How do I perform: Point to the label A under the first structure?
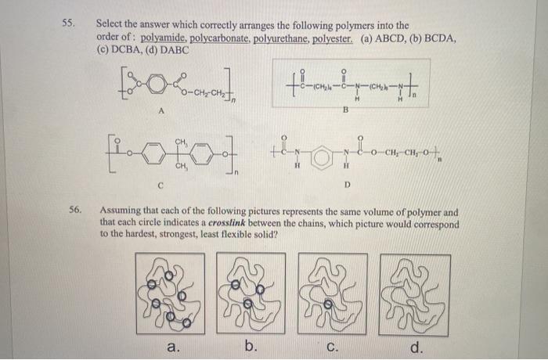(x=161, y=110)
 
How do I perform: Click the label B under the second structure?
(x=344, y=111)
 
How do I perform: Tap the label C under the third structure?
(x=162, y=185)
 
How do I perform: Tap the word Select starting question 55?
(x=111, y=25)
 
